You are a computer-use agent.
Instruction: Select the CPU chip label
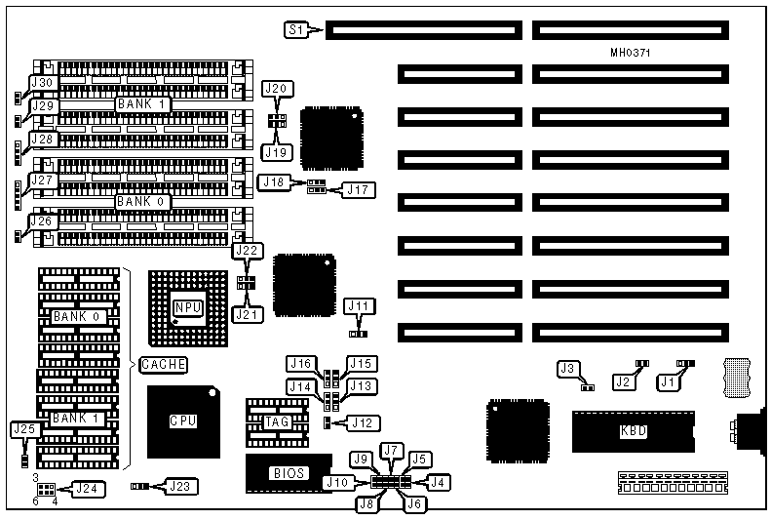182,420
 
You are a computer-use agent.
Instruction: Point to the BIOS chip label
289,473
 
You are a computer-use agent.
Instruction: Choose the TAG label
276,422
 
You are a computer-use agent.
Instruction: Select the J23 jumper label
179,485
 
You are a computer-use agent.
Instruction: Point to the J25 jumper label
23,428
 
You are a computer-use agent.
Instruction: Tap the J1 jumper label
667,383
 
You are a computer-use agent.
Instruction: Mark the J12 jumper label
362,422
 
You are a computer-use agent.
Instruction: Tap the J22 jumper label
247,252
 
